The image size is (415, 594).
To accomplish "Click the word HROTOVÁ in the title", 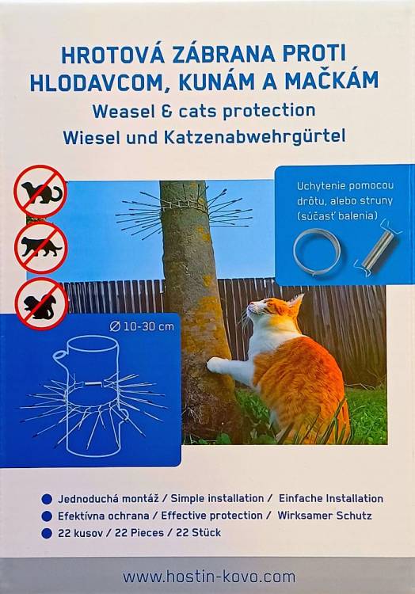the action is tap(112, 55).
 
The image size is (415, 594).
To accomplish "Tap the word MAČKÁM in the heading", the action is tap(332, 82).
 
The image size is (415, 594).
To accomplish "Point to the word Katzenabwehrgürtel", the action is tap(254, 138).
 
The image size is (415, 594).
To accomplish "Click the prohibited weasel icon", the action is tap(40, 192).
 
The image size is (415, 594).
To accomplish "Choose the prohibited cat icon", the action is tap(41, 247).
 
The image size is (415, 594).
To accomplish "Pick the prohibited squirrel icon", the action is tap(41, 303).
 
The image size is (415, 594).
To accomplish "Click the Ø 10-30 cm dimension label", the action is tap(142, 326).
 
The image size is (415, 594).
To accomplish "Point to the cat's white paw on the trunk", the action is tap(217, 365).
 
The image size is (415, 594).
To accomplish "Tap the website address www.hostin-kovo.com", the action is tap(208, 577).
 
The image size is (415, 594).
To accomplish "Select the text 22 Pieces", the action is tap(139, 533).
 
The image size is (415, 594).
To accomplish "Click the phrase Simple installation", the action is tap(217, 498).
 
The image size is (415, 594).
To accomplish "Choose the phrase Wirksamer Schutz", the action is tap(325, 516).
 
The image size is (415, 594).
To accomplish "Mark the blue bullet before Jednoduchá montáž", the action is tap(47, 499).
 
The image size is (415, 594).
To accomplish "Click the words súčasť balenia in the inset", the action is tap(337, 216).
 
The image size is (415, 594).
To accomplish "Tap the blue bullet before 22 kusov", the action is tap(47, 533).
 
